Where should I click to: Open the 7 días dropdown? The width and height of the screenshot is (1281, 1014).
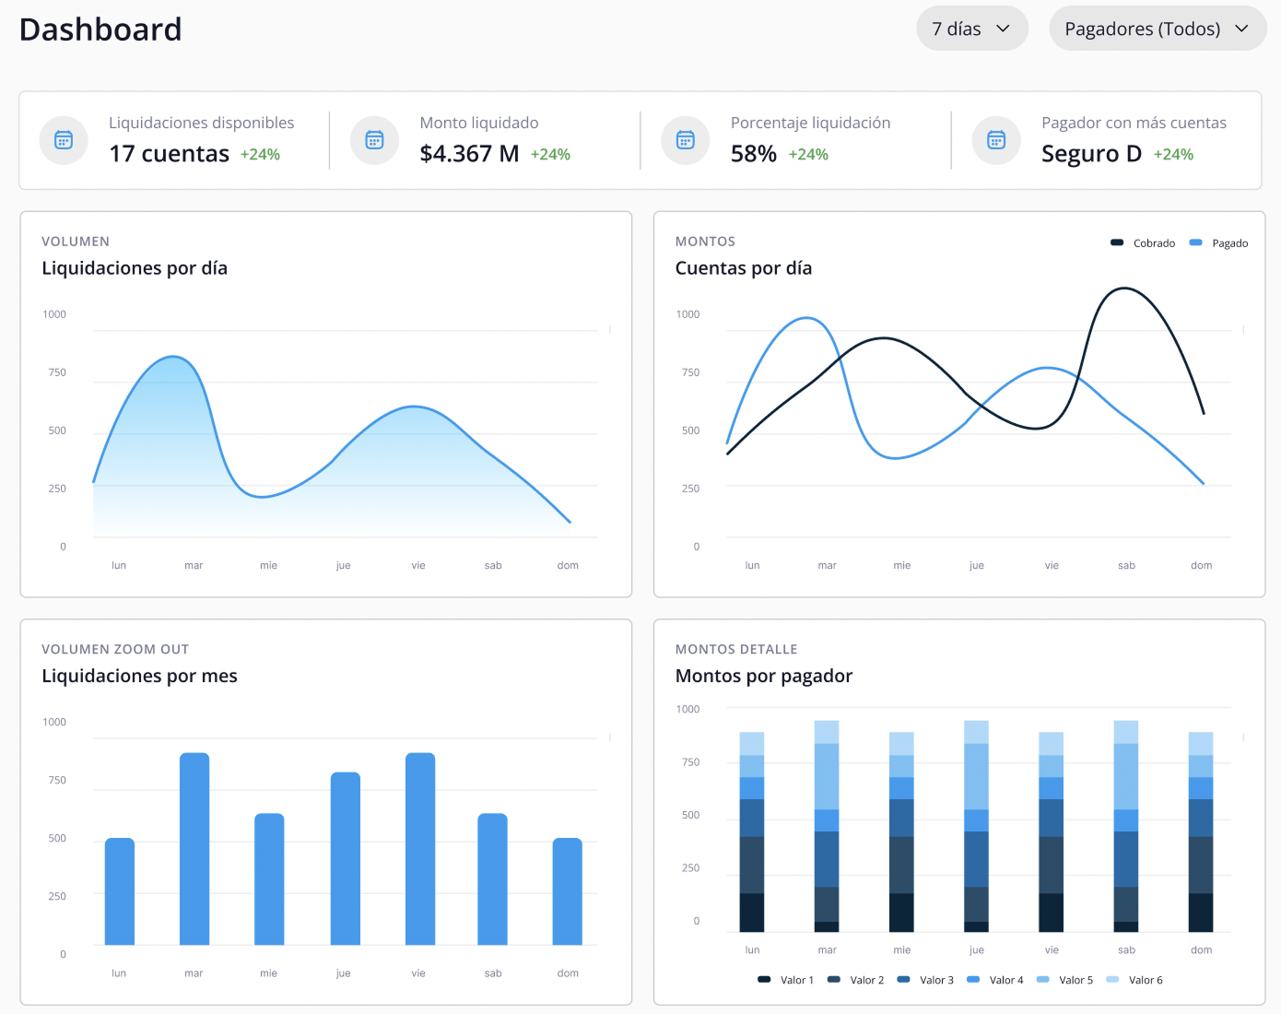coord(971,29)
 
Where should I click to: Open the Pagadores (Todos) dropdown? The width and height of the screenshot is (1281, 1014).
coord(1157,29)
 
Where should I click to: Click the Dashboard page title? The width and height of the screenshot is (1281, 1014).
coord(100,29)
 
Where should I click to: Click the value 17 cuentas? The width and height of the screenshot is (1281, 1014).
coord(169,154)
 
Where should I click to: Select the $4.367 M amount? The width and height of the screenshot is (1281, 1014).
coord(469,154)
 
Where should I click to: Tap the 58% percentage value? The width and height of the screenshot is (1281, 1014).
coord(753,154)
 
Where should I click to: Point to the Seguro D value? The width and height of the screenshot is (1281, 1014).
coord(1091,154)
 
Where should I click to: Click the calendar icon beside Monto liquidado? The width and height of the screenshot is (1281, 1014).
coord(374,140)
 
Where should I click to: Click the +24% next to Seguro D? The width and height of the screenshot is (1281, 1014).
coord(1173,155)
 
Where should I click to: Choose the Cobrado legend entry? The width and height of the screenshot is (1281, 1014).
coord(1144,243)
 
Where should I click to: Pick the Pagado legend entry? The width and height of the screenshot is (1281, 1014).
coord(1219,243)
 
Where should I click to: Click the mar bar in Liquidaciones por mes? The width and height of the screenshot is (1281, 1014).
coord(194,848)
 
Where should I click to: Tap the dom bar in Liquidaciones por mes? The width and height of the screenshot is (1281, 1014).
coord(568,890)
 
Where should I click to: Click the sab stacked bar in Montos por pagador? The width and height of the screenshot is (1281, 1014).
coord(1126,826)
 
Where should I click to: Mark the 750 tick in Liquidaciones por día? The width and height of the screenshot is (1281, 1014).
coord(57,372)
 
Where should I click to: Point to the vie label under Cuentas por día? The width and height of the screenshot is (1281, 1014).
coord(1052,566)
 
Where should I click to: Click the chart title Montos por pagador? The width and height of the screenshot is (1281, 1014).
coord(763,676)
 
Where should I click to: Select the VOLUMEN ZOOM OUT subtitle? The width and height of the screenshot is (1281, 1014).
coord(115,649)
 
